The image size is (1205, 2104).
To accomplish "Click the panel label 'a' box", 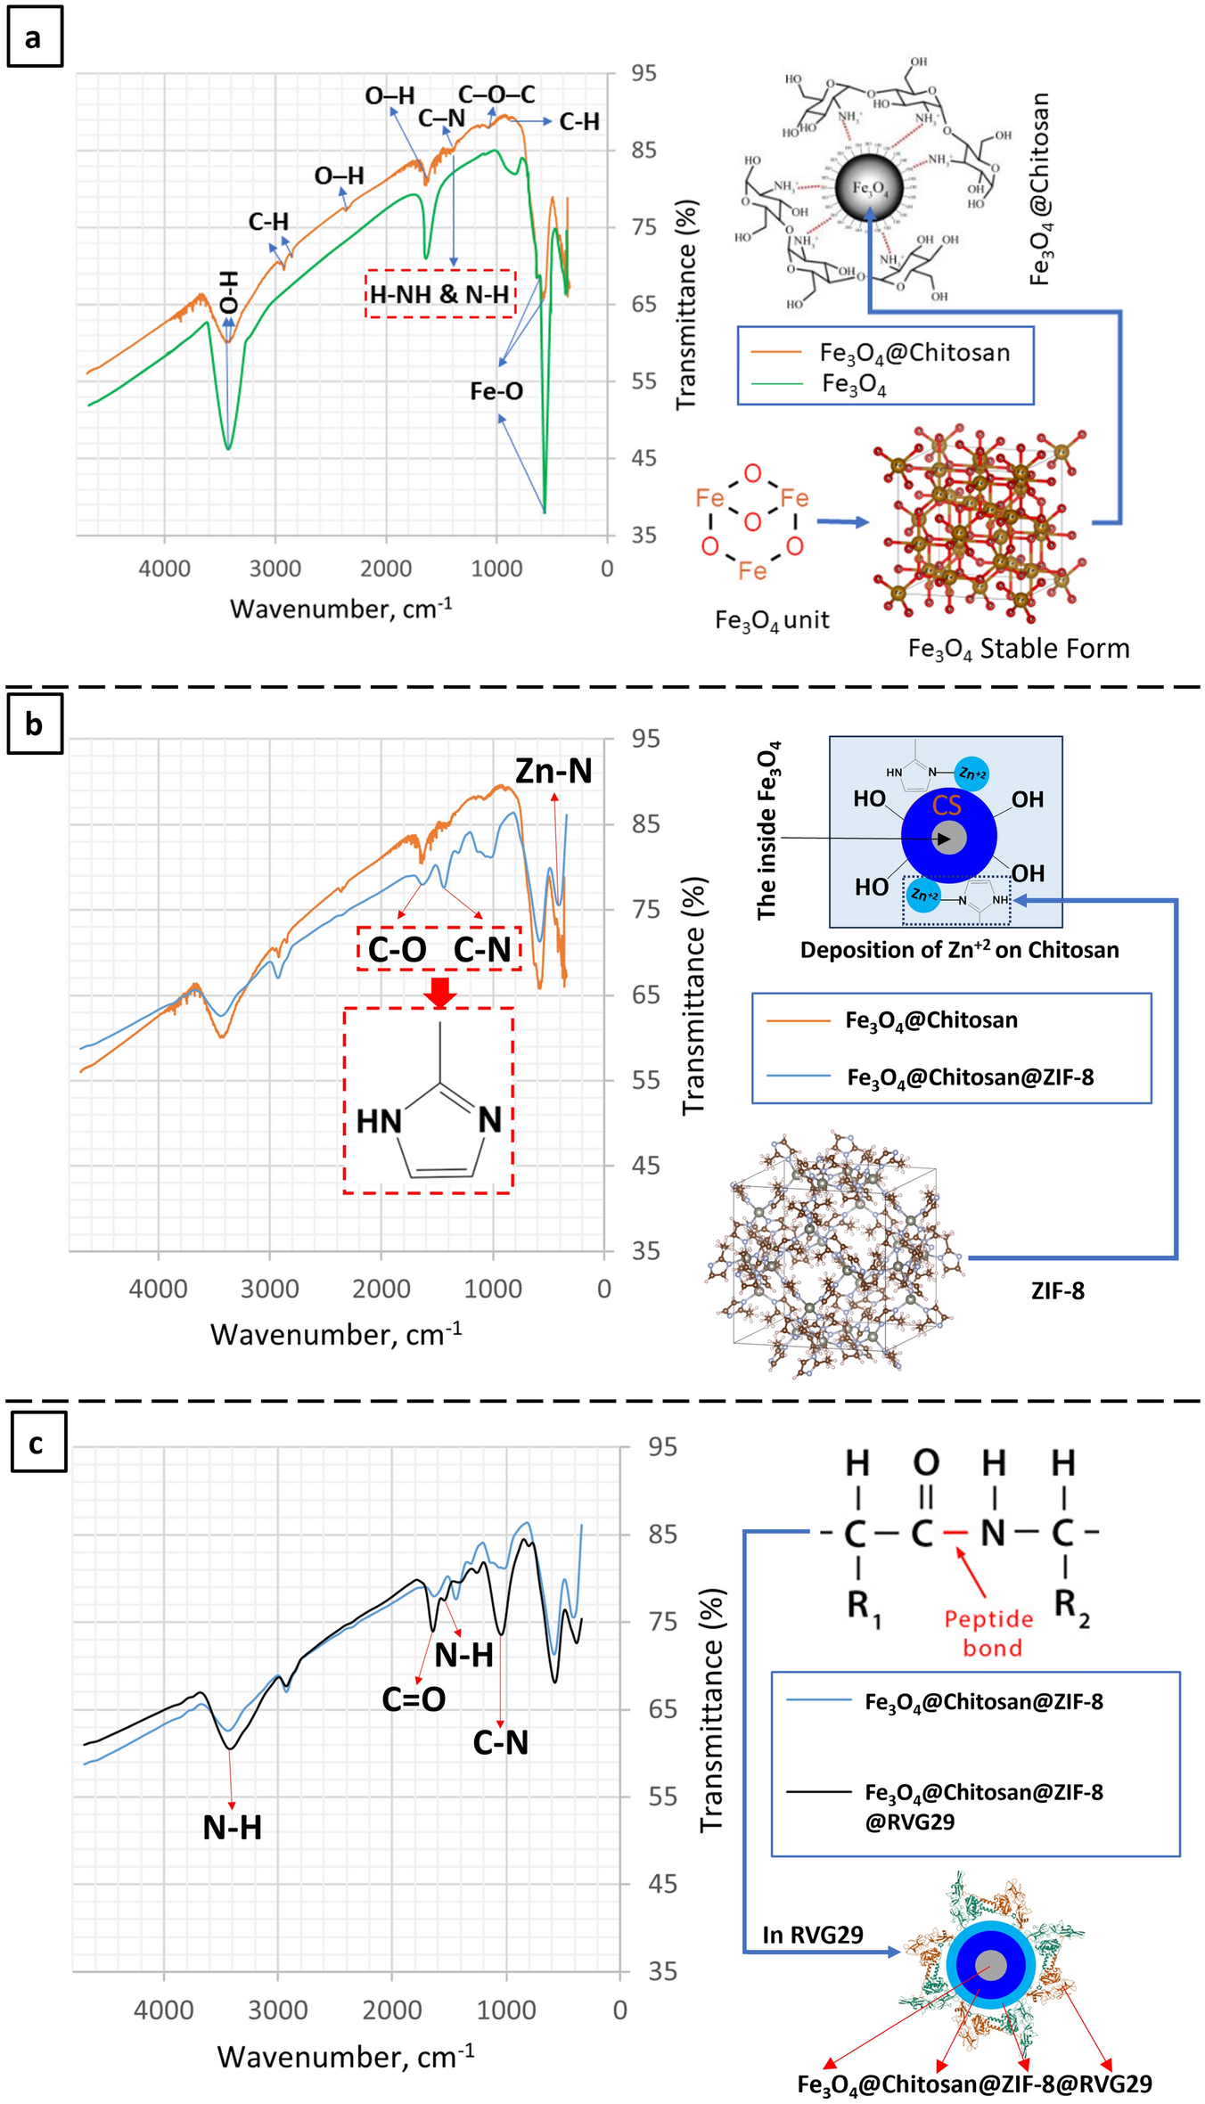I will coord(35,37).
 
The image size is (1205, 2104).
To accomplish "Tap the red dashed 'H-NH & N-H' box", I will coord(440,293).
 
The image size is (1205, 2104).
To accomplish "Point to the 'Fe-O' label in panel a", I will coord(496,391).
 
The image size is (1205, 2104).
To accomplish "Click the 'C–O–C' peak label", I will coord(496,94).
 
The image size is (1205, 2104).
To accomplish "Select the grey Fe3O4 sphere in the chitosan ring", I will coord(868,187).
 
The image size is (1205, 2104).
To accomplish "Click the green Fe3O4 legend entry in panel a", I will coord(853,384).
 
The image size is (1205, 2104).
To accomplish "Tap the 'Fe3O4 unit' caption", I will coord(772,620).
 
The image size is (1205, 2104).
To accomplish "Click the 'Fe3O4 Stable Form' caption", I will coord(1018,649).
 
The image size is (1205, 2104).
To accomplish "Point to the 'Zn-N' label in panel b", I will coord(553,771).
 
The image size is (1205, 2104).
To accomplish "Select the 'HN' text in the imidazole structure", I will coord(379,1121).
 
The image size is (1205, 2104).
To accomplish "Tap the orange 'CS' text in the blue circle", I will coord(947,806).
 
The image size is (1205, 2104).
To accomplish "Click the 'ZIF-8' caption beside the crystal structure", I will coord(1057,1291).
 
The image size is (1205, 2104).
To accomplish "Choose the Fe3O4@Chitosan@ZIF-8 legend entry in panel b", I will coord(970,1077).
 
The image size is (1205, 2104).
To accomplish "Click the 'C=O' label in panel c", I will coord(414,1699).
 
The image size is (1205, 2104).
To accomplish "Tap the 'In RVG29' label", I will coord(812,1935).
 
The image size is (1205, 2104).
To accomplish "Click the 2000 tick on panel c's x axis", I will coord(391,2010).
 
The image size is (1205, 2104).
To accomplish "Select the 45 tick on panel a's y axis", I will coord(643,458).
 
